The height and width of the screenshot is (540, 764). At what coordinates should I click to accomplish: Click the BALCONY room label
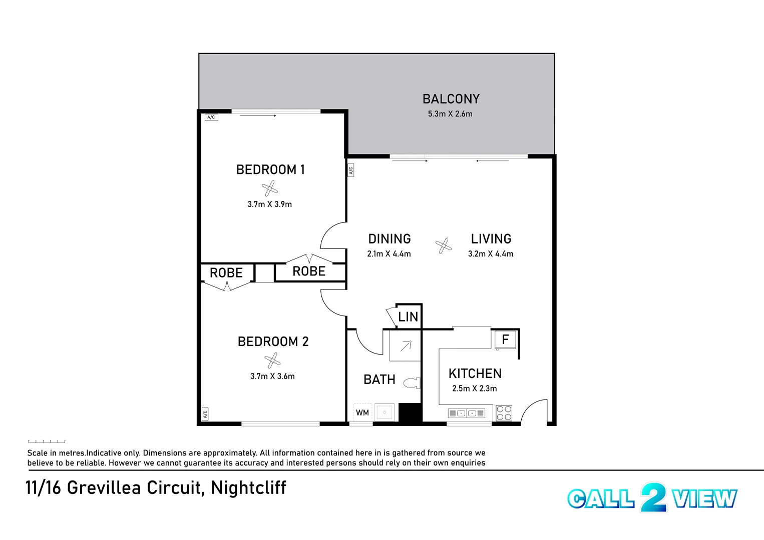click(x=451, y=99)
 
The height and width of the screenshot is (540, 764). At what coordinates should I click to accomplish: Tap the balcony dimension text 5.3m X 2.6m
click(x=450, y=114)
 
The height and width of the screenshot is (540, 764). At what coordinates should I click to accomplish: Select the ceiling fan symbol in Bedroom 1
click(x=269, y=188)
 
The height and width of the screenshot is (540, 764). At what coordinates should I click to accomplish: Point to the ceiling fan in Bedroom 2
click(x=272, y=360)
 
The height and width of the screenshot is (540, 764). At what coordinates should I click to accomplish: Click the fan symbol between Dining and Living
click(x=443, y=245)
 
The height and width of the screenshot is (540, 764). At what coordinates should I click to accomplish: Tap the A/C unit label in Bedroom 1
click(x=211, y=117)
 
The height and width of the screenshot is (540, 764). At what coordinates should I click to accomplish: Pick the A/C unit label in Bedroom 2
click(x=205, y=414)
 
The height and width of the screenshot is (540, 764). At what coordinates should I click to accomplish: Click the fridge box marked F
click(x=505, y=339)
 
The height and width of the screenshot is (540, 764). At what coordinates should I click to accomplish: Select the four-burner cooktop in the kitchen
click(x=504, y=413)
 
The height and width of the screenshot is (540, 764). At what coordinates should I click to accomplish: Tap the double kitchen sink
click(x=467, y=413)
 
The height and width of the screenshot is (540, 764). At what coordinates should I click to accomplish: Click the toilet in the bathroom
click(x=412, y=383)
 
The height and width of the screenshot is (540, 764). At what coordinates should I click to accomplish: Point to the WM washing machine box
click(x=362, y=412)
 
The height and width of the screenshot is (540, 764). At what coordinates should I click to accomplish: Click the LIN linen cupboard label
click(x=408, y=316)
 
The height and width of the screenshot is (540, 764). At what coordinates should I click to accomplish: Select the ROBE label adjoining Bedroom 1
click(x=309, y=271)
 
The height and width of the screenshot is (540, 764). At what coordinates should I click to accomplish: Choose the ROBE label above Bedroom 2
click(x=226, y=273)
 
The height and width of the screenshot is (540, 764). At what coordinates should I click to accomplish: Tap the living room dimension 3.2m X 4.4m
click(x=491, y=254)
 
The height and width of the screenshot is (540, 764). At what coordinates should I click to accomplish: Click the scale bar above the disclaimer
click(x=47, y=441)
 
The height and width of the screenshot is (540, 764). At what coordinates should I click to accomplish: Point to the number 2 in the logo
click(x=653, y=497)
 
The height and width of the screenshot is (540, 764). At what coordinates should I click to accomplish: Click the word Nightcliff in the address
click(x=248, y=487)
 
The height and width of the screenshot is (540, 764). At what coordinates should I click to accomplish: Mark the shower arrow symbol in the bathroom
click(x=406, y=345)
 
